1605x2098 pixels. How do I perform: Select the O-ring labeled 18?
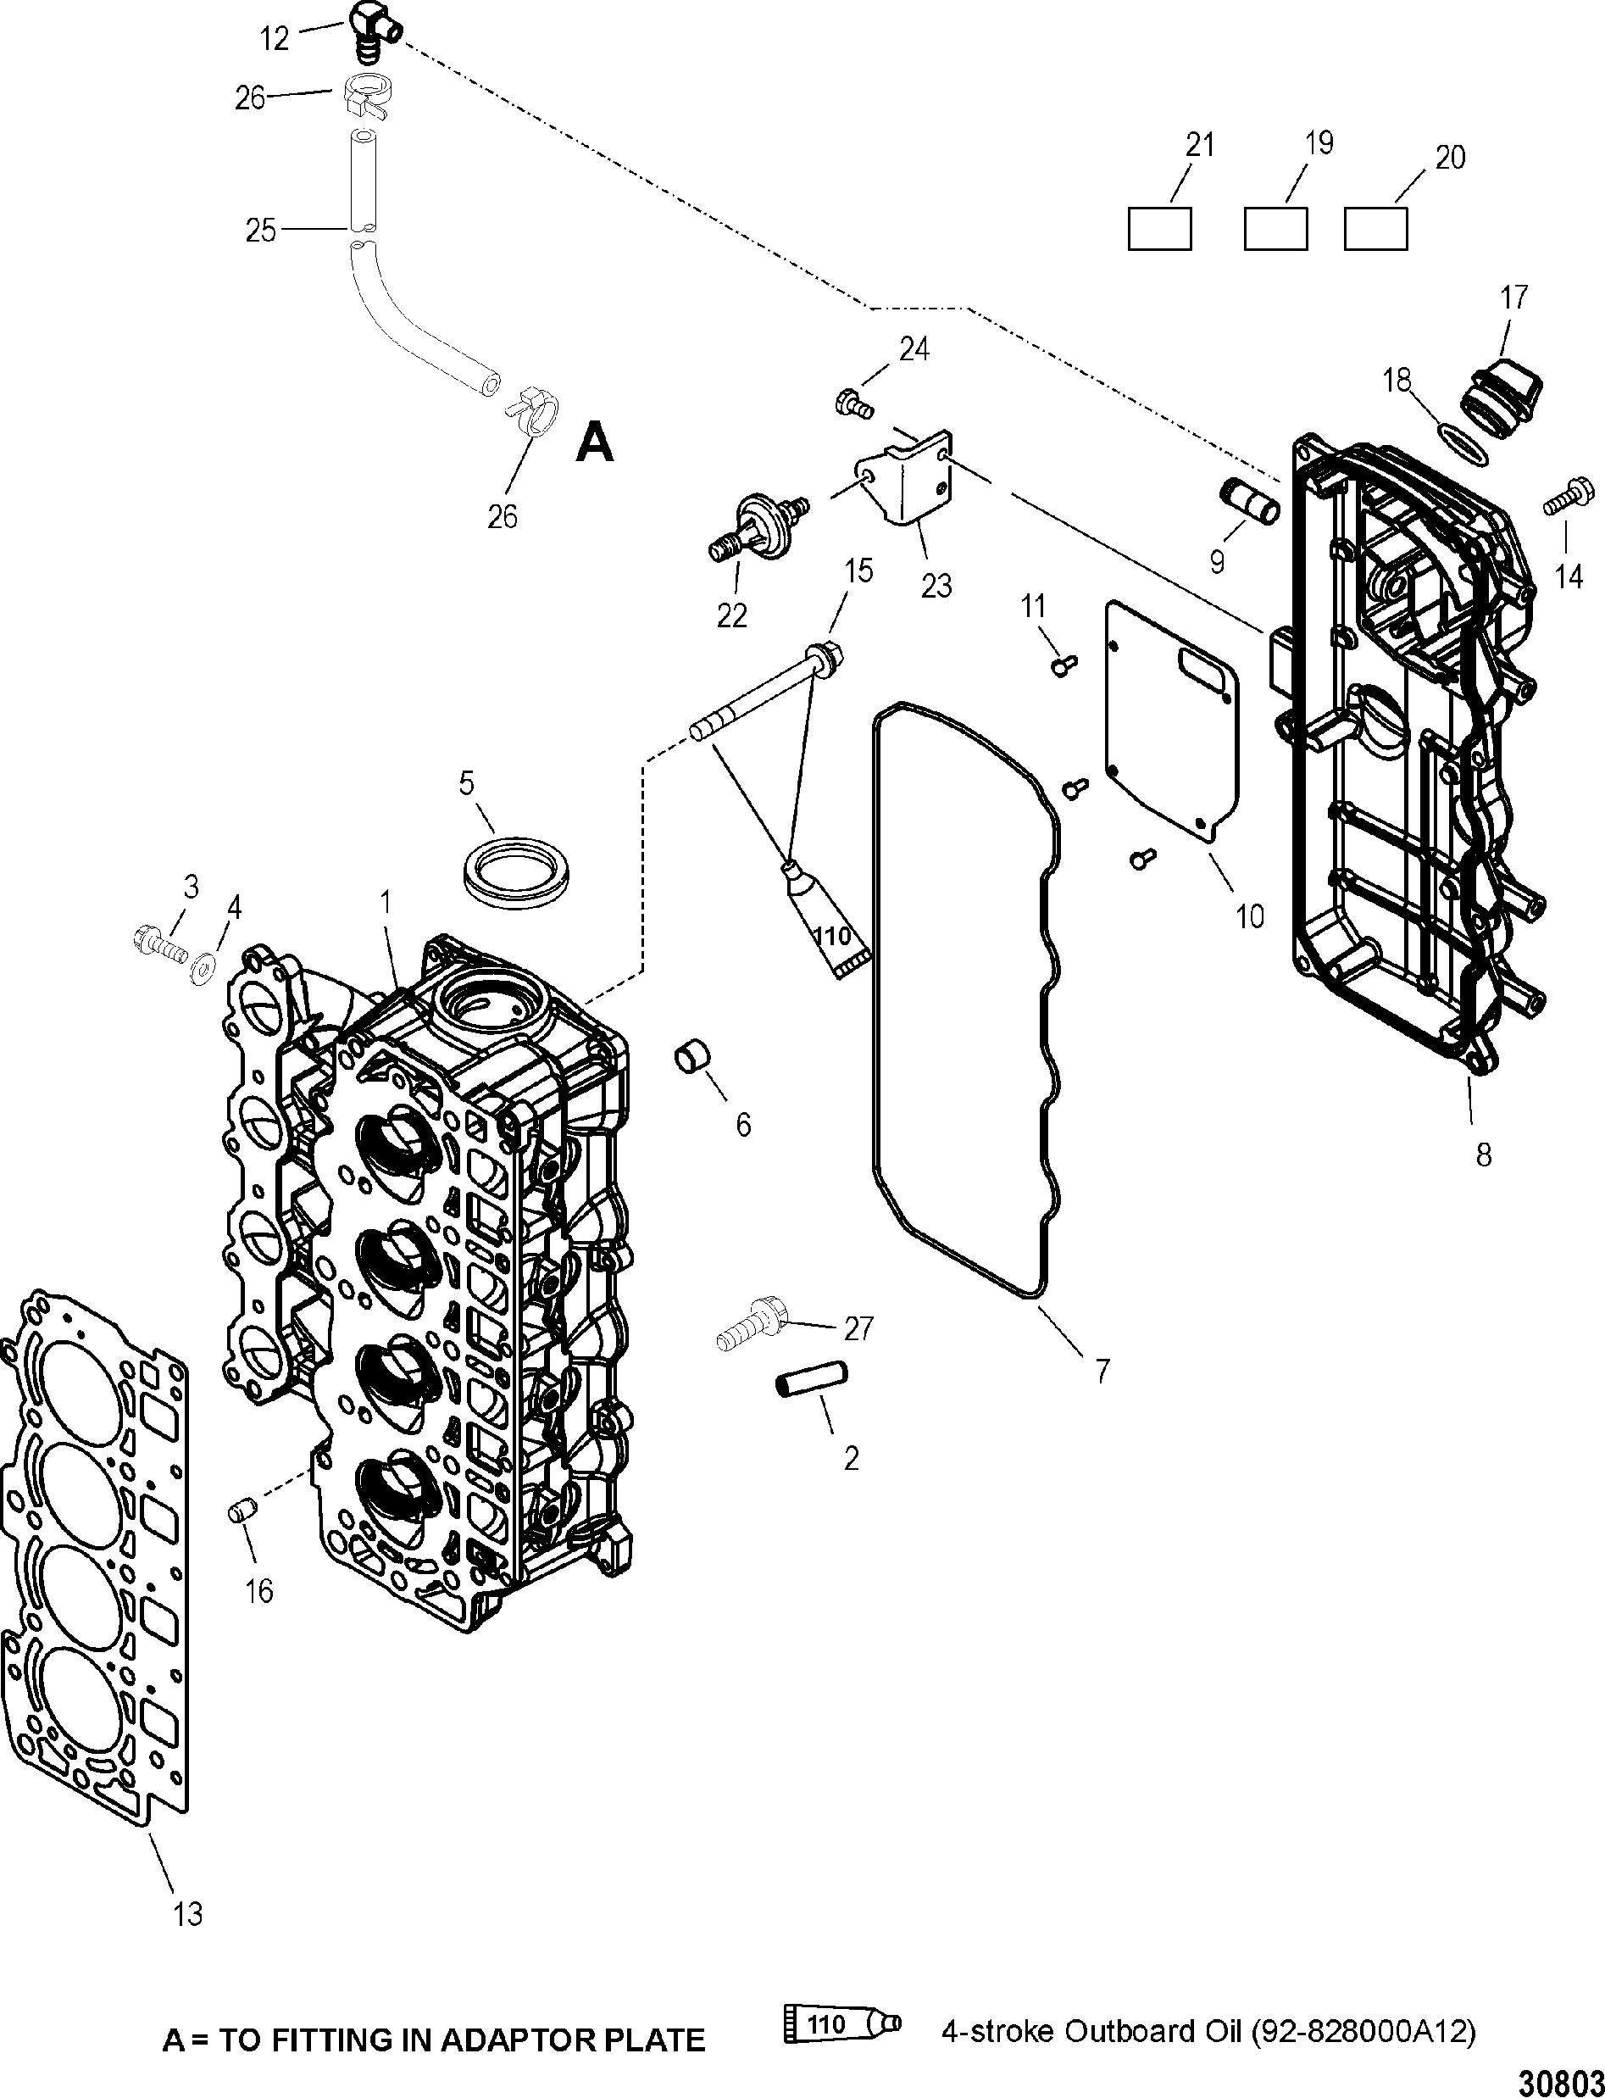tap(1463, 444)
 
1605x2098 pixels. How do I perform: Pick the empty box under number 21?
tap(1160, 229)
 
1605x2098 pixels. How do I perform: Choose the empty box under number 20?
tap(1375, 229)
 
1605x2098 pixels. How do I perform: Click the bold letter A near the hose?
tap(595, 443)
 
